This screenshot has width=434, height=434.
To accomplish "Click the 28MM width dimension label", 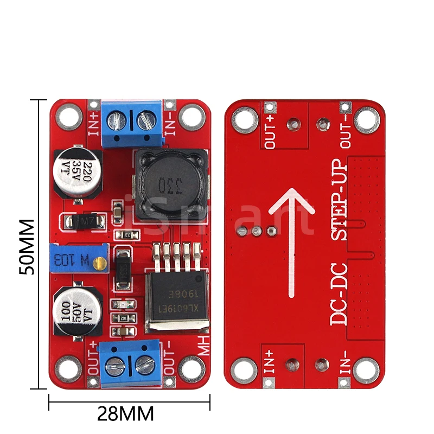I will (125, 413).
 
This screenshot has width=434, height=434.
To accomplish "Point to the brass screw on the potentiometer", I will (99, 264).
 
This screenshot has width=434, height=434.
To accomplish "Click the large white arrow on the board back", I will (292, 239).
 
